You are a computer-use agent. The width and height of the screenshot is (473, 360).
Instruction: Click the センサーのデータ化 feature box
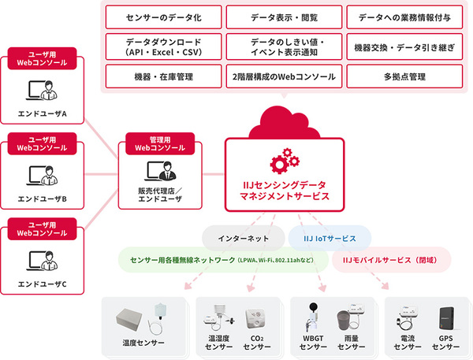[163, 17]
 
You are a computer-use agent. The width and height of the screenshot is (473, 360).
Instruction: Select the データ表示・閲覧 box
[284, 17]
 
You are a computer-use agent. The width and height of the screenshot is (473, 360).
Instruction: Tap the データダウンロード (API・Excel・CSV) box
[163, 46]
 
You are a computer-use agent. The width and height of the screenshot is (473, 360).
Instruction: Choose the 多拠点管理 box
[404, 76]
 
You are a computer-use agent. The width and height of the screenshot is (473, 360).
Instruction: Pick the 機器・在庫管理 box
[163, 76]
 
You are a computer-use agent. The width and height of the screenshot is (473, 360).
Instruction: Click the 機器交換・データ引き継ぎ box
[404, 46]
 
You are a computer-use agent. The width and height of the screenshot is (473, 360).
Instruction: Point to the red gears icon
[285, 161]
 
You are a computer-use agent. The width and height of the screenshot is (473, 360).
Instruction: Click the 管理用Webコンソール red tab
[160, 144]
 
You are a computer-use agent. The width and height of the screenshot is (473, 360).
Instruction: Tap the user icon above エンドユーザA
[42, 90]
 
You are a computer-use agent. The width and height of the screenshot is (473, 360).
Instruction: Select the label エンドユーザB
[43, 199]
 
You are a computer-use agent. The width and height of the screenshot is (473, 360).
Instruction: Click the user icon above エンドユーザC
[42, 261]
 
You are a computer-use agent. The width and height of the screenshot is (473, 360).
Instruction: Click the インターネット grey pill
[244, 238]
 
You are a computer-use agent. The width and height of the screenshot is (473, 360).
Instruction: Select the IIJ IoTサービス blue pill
[330, 238]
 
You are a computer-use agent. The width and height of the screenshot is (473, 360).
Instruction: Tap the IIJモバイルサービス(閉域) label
[389, 260]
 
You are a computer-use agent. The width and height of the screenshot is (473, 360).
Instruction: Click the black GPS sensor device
[446, 318]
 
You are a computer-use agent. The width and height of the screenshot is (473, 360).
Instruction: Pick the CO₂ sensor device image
[255, 319]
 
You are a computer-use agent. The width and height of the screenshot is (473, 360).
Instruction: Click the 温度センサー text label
[143, 343]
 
